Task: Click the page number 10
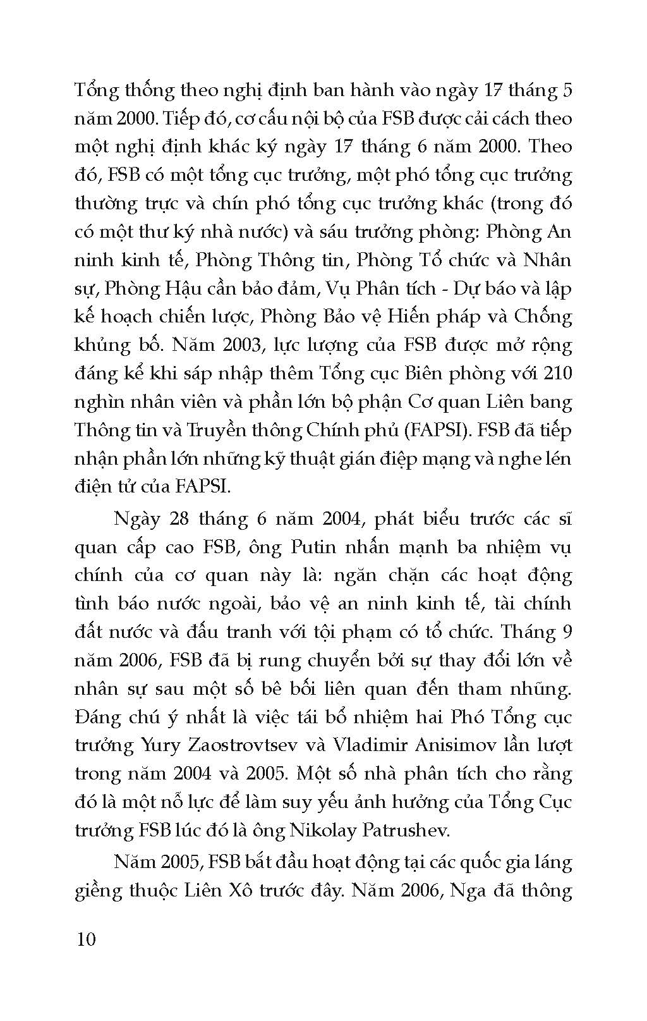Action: pos(85,939)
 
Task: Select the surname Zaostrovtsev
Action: pos(243,745)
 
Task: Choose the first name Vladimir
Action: pos(369,745)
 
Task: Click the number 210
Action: pos(556,373)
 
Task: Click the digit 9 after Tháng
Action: pos(565,632)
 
